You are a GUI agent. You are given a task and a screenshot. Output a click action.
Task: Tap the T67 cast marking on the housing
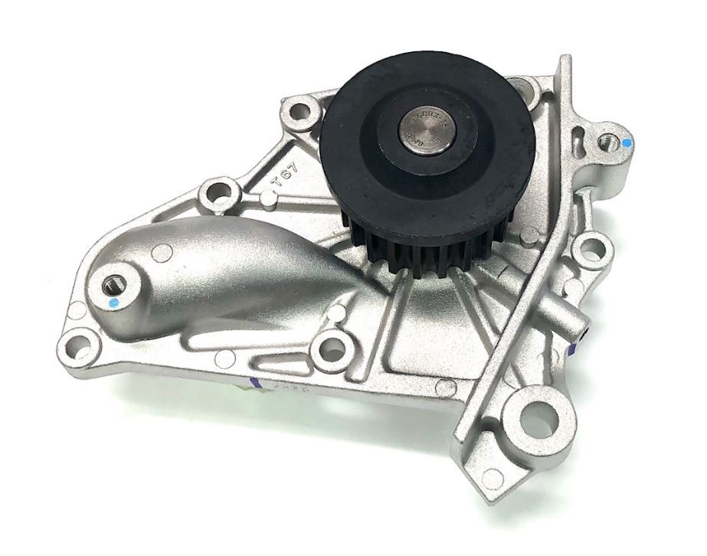283,182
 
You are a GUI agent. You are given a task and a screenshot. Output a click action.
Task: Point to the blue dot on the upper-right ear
627,142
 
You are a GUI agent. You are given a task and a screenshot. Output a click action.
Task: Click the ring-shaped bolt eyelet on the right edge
591,247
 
